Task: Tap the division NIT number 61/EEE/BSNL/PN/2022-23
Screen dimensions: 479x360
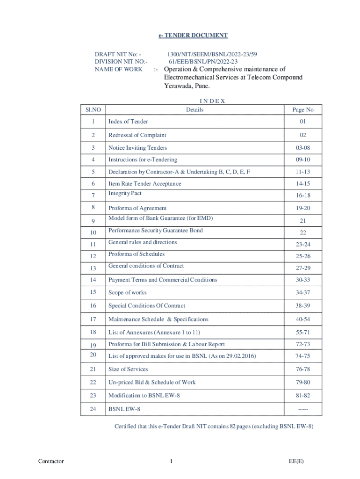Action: (x=203, y=62)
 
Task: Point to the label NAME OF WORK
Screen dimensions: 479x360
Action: (x=118, y=69)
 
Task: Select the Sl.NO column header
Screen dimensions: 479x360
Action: (x=93, y=110)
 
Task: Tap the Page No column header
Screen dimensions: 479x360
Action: (x=302, y=110)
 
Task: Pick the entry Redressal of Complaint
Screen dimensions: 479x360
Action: (x=137, y=135)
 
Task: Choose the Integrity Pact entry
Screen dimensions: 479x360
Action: (x=125, y=193)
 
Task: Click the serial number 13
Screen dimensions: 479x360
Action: (x=93, y=269)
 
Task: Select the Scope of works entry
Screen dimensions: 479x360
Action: (x=127, y=292)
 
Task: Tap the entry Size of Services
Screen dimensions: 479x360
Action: (x=128, y=369)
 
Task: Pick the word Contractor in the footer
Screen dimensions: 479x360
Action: (x=51, y=462)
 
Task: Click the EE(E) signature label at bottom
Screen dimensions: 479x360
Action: (x=296, y=462)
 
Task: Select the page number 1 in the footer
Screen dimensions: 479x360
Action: (x=172, y=462)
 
